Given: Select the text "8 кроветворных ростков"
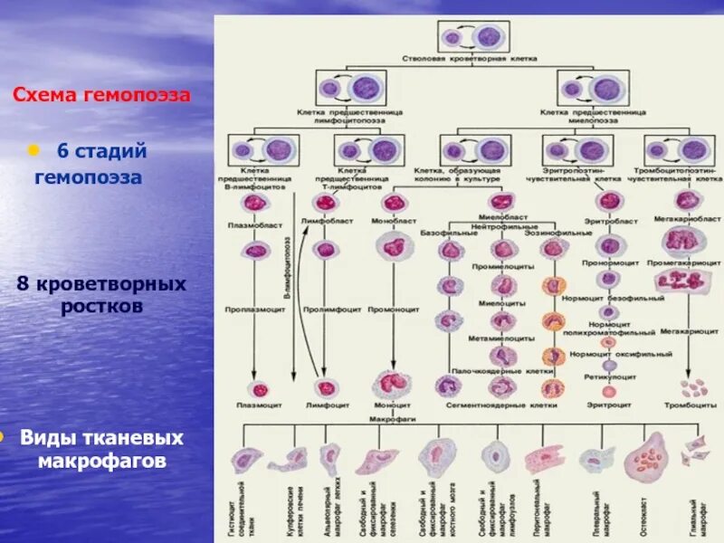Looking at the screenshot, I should click(101, 295).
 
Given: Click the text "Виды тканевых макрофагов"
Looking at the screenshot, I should click(101, 450).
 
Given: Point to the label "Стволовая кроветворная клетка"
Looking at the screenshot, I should click(470, 57).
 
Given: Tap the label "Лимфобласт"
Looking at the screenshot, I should click(326, 221).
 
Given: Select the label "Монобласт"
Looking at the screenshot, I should click(393, 221).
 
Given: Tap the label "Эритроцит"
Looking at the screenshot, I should click(608, 405).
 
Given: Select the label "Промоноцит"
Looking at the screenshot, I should click(393, 309).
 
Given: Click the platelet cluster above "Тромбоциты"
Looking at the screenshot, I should click(693, 388).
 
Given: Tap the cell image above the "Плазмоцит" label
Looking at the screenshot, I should click(256, 389).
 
